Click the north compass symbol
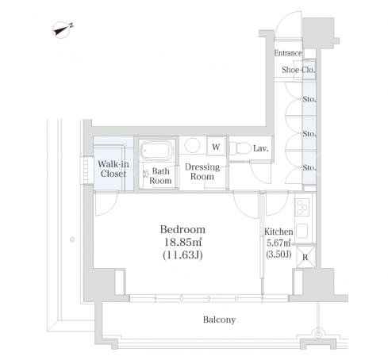pos(62,30)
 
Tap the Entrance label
pos(288,53)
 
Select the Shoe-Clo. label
pos(298,70)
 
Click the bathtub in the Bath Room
pos(157,150)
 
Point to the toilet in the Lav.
pos(240,148)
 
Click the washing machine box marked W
pos(216,147)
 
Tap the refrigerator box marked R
pos(305,257)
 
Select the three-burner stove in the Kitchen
pos(302,207)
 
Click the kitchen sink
pos(302,231)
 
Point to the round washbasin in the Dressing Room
pos(192,145)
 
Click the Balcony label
pos(219,320)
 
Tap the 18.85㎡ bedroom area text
pos(183,242)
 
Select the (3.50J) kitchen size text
pos(279,255)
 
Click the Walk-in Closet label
pos(113,169)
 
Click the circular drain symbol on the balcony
pos(318,335)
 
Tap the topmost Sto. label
pos(309,99)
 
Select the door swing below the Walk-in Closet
pos(106,203)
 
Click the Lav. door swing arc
pos(261,173)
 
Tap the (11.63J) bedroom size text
pos(182,255)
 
